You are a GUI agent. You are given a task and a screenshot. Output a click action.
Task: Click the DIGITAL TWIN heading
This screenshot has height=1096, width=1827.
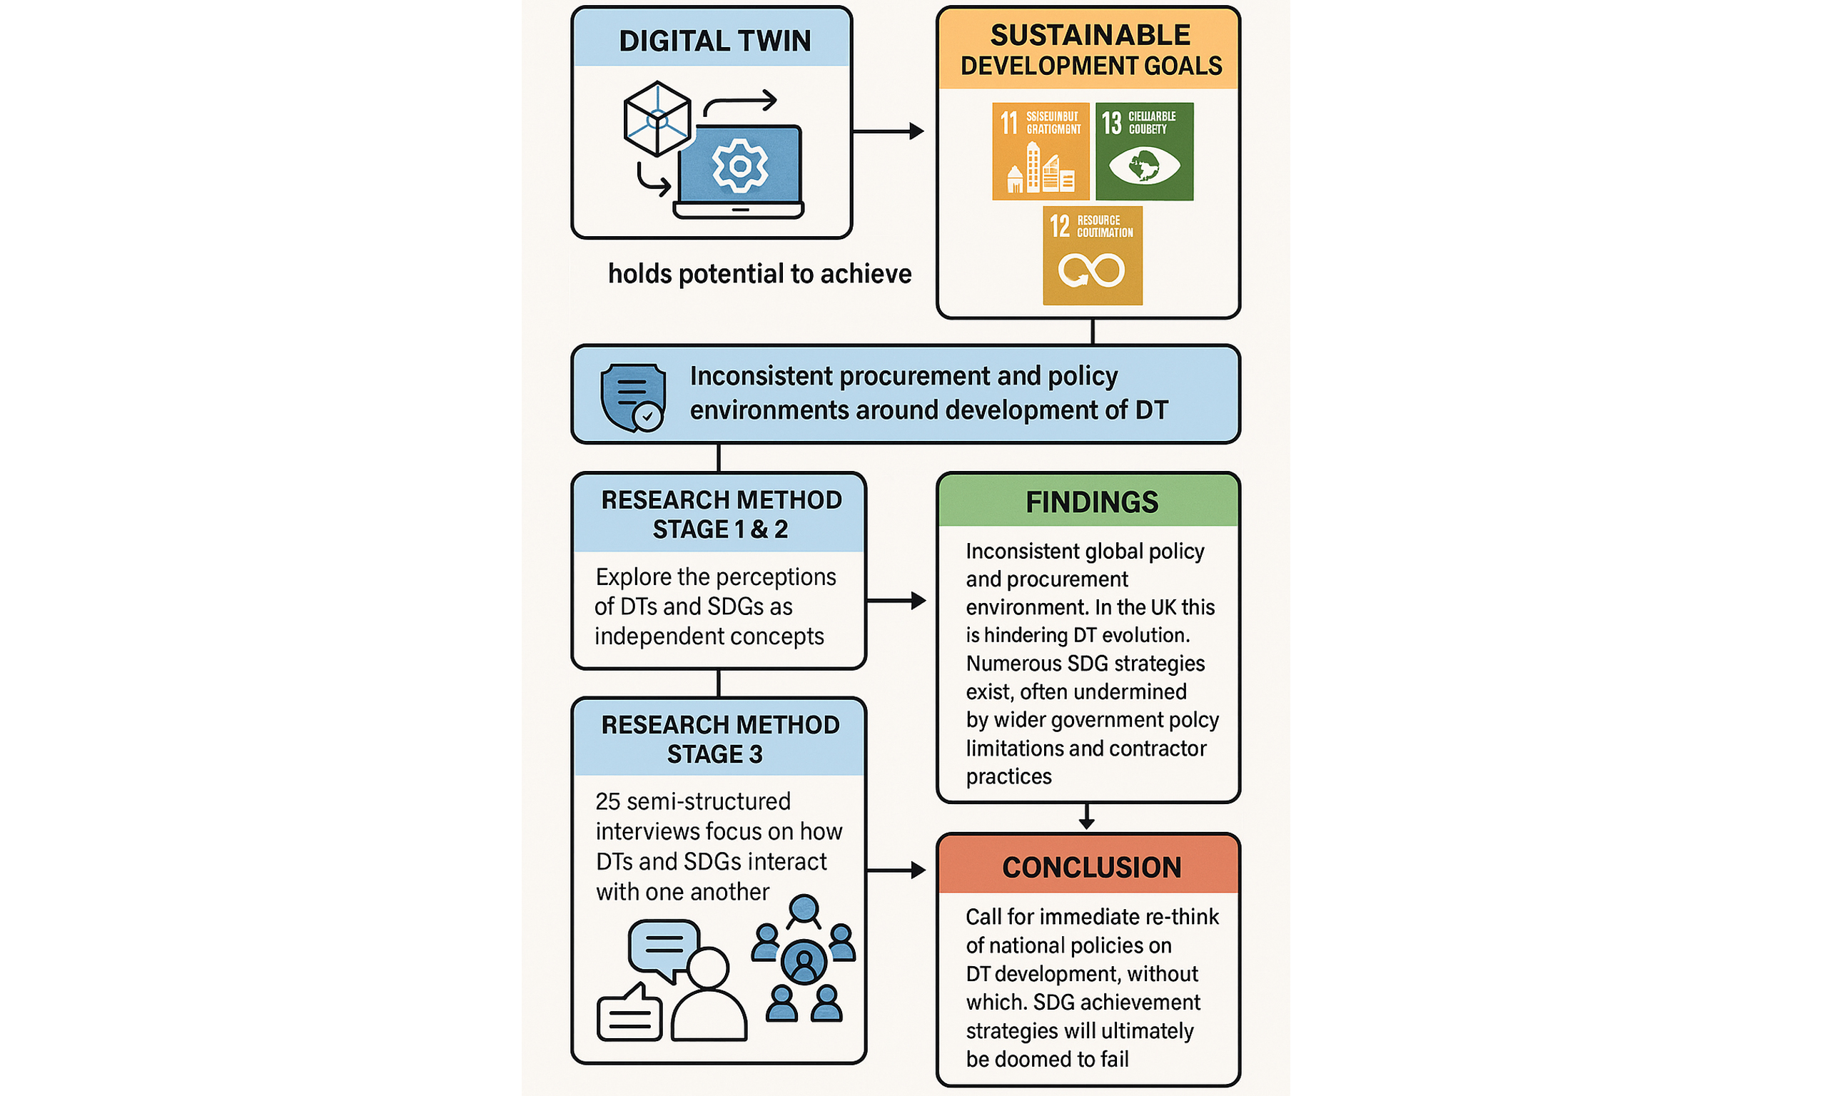714,41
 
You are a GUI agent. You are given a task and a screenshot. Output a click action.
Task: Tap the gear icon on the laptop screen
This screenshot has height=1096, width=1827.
739,166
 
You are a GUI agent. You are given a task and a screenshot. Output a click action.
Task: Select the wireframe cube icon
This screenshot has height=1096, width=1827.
657,119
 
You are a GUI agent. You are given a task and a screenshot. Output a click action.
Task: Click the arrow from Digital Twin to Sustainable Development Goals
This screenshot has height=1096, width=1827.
888,131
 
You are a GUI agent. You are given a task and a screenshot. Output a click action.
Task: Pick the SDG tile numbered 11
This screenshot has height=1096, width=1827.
1041,151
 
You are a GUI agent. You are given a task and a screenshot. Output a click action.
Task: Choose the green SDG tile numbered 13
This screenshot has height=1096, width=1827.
1144,151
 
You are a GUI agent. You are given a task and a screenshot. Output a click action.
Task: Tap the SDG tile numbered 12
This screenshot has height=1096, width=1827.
1092,255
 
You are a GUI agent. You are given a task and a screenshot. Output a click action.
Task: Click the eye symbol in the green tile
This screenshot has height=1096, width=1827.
1144,166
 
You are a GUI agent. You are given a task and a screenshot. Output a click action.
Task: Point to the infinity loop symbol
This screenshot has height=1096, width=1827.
1091,270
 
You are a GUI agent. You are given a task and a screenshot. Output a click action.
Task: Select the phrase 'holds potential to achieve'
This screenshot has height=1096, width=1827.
759,274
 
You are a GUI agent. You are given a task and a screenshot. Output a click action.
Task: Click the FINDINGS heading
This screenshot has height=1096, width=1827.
1091,502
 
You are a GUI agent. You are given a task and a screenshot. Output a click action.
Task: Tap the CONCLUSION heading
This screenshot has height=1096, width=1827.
1091,867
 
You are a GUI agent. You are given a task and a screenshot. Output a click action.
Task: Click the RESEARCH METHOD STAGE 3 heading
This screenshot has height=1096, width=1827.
719,739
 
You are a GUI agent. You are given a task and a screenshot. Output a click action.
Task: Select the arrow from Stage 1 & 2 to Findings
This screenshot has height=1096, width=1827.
896,600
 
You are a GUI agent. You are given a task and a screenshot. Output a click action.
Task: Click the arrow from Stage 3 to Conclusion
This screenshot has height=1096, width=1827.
896,871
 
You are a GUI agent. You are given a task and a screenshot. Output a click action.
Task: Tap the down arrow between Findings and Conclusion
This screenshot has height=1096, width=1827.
1086,817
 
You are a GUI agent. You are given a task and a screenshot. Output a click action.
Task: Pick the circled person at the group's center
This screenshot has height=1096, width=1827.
804,962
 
